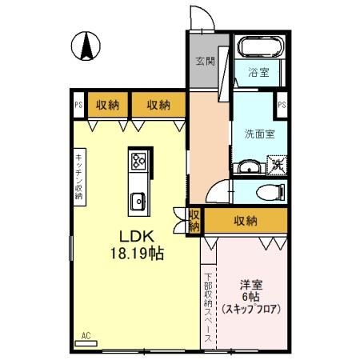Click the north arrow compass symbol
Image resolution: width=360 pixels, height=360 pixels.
pyautogui.click(x=85, y=46)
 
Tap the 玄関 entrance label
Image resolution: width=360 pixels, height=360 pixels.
pyautogui.click(x=205, y=62)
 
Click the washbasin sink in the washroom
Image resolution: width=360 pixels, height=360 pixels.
pyautogui.click(x=249, y=166)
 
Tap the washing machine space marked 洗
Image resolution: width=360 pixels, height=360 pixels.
pyautogui.click(x=277, y=165)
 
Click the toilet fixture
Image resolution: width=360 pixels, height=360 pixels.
pyautogui.click(x=272, y=192)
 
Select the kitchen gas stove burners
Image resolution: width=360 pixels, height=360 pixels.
pyautogui.click(x=137, y=162)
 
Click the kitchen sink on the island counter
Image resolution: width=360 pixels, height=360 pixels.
pyautogui.click(x=137, y=199)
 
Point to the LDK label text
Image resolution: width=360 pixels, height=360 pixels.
pyautogui.click(x=136, y=236)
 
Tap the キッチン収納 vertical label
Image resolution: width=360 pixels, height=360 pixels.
pyautogui.click(x=79, y=177)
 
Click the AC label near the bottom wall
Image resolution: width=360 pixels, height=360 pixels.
pyautogui.click(x=86, y=336)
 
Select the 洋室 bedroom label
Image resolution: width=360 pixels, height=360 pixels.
pyautogui.click(x=251, y=285)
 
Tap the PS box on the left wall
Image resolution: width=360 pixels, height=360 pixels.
pyautogui.click(x=78, y=104)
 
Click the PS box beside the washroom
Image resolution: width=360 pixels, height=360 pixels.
pyautogui.click(x=282, y=104)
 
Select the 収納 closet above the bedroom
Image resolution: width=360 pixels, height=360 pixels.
pyautogui.click(x=246, y=220)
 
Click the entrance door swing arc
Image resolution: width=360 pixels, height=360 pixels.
pyautogui.click(x=198, y=18)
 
